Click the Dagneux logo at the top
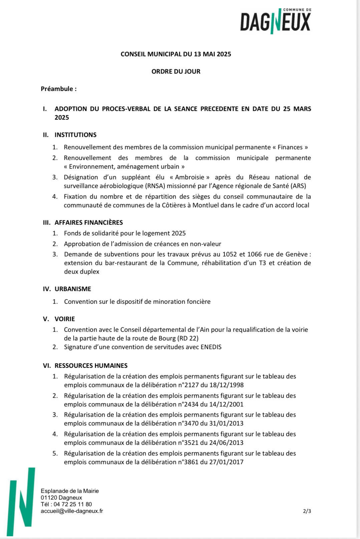pos(275,21)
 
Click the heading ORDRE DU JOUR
pos(176,71)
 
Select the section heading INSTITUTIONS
pos(75,135)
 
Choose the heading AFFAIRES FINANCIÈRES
pos(89,222)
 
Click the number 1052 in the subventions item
pos(230,254)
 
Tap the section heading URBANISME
pos(73,289)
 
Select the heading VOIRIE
pos(65,319)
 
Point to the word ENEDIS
pos(211,347)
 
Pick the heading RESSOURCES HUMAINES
pos(91,366)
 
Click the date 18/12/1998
pos(227,385)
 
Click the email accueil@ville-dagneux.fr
pos(72,511)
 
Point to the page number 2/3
pos(307,511)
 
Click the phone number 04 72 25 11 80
pos(73,504)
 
